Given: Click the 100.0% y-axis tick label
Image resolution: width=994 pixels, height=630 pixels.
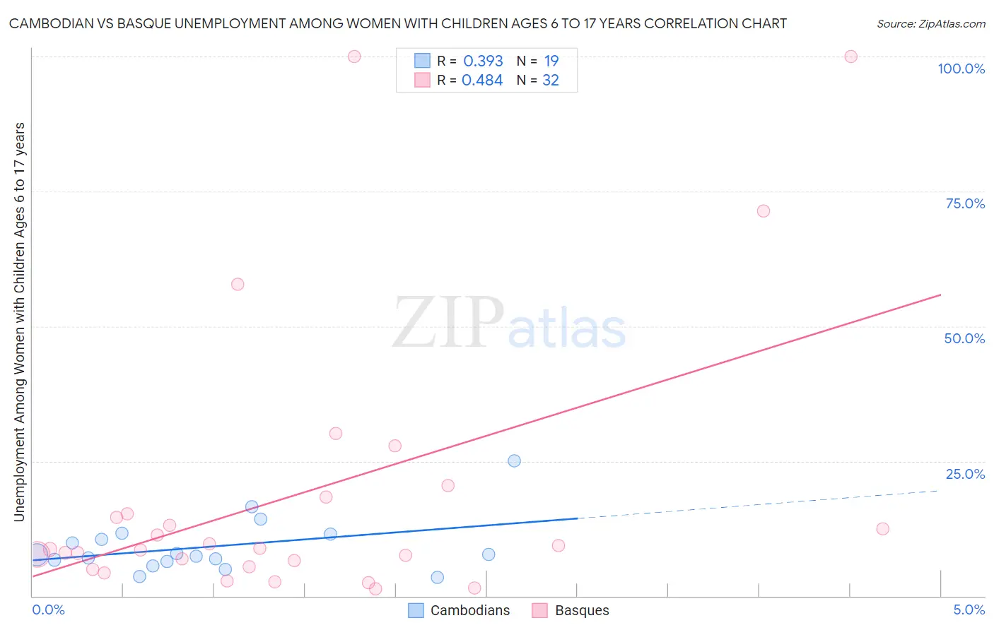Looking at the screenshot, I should (961, 69).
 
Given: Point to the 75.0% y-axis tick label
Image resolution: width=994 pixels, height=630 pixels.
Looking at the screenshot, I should (965, 203).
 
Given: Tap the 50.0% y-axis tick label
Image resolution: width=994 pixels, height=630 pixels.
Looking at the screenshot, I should (964, 338).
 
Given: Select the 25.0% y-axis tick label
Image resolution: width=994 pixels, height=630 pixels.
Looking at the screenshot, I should (965, 474).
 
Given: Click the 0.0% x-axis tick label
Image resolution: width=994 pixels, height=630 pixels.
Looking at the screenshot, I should (48, 610).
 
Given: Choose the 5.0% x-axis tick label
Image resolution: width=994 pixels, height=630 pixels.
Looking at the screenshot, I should (969, 610).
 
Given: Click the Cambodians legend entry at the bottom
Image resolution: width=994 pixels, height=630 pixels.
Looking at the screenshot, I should (469, 610).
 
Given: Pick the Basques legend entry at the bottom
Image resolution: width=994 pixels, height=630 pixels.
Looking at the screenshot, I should (581, 610).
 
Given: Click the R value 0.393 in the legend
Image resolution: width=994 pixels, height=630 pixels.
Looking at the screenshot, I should (483, 61).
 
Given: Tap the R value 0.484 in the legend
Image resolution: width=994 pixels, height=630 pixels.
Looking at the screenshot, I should (482, 80).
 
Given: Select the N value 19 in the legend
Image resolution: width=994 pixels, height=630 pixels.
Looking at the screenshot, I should (551, 61).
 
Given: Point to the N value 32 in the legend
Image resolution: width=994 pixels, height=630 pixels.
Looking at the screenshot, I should (551, 80).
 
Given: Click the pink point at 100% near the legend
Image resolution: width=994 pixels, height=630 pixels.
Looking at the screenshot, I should (354, 57).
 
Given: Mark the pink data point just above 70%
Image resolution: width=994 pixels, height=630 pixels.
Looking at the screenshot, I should (763, 210).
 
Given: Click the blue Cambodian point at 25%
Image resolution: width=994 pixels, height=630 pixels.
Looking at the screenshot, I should (514, 460).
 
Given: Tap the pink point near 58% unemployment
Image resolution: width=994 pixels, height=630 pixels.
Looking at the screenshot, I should (238, 284).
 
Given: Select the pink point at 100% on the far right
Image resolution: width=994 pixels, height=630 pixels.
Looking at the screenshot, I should (850, 57).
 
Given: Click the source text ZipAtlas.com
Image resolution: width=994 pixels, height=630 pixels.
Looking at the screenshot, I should (930, 23).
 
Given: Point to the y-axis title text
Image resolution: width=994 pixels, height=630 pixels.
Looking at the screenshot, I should (19, 321).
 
